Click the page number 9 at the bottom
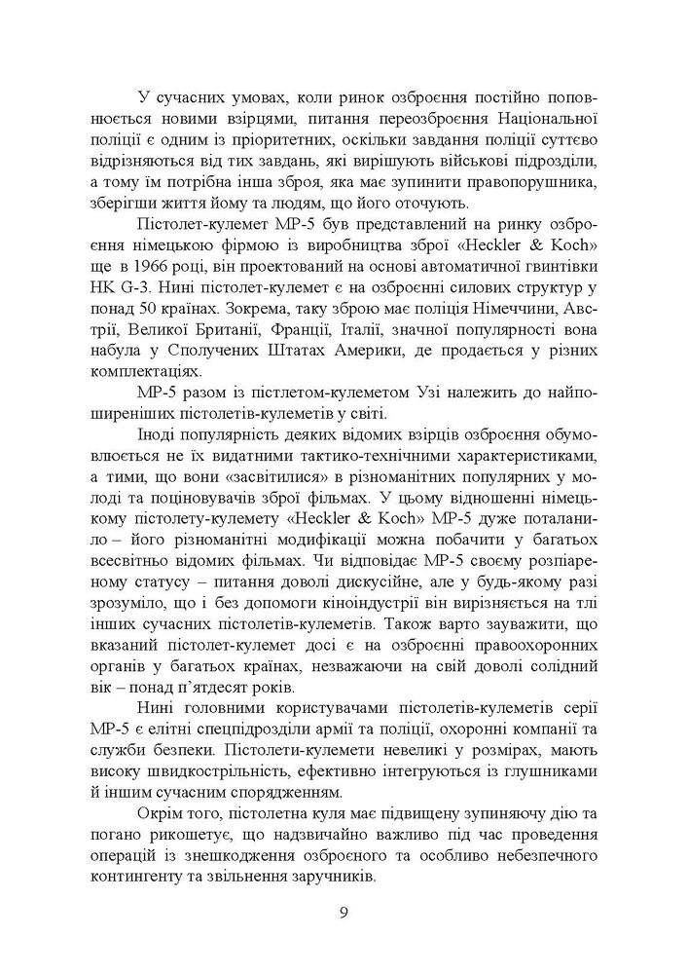point(344,913)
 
